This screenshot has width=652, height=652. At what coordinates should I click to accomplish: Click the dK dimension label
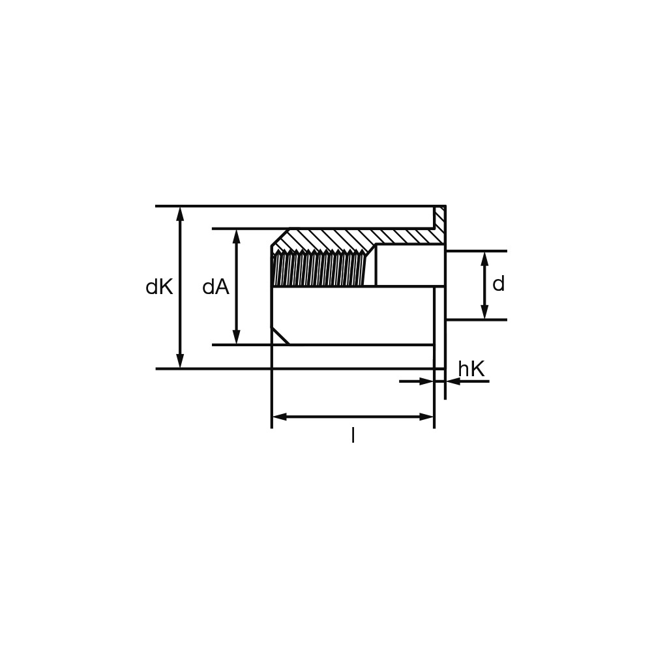159,288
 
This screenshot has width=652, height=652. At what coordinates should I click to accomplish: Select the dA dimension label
216,288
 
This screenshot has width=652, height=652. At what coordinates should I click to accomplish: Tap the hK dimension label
471,369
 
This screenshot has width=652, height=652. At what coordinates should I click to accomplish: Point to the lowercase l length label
353,436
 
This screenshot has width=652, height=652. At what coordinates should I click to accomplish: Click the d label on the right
498,284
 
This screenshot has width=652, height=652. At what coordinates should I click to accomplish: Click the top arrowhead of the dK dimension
180,213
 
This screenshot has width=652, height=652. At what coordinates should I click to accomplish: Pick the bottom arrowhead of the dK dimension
180,361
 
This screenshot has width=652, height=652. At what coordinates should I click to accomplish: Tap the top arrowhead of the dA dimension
237,236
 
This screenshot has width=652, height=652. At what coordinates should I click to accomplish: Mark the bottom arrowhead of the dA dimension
237,337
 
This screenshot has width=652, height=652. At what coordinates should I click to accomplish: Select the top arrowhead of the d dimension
484,259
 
